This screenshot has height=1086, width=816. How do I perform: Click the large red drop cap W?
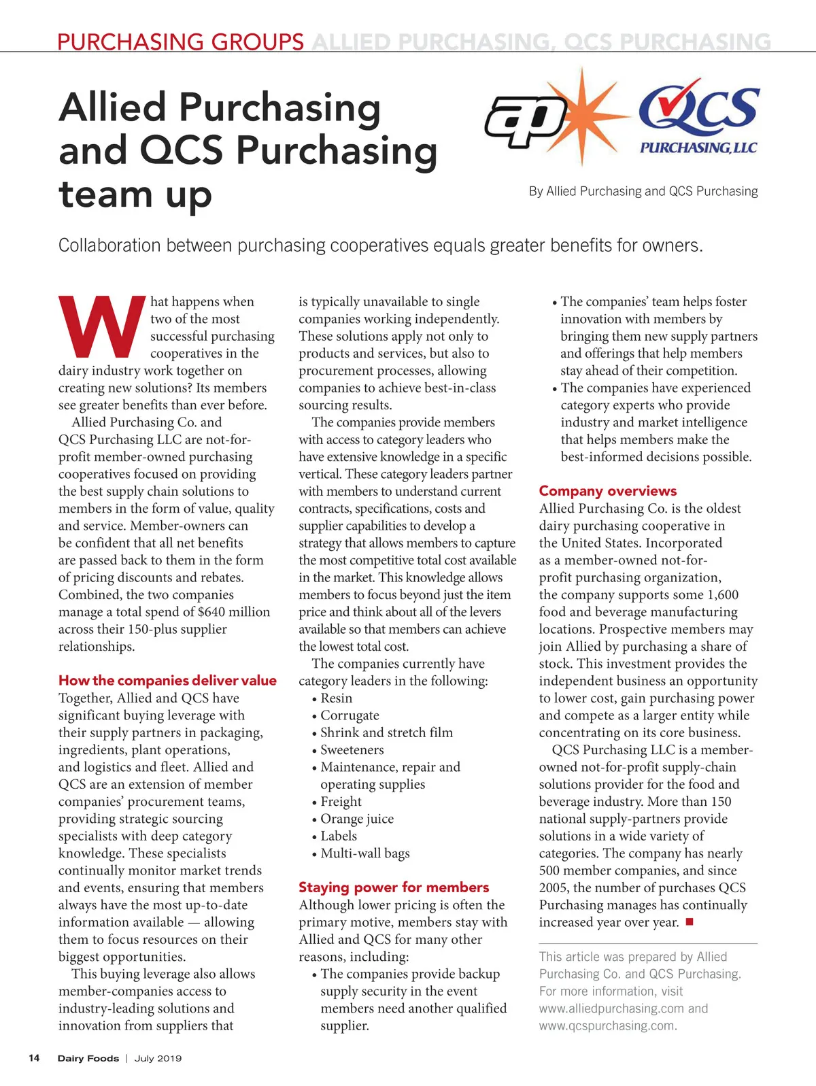click(x=102, y=327)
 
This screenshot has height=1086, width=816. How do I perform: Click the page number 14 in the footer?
click(x=34, y=1058)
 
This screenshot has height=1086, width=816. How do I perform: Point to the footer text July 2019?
click(x=158, y=1058)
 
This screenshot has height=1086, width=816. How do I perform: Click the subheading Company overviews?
click(x=607, y=491)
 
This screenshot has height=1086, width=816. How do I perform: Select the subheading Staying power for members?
click(x=394, y=887)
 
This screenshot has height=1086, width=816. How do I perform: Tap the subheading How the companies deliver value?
click(x=167, y=681)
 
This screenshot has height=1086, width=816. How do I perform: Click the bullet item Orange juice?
click(x=356, y=819)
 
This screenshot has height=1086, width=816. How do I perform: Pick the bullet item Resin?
click(x=336, y=698)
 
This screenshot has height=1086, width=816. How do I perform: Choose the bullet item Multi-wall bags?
click(x=364, y=853)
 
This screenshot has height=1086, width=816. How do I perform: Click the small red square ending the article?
click(x=689, y=922)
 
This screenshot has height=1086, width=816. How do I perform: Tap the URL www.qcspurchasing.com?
click(x=607, y=1025)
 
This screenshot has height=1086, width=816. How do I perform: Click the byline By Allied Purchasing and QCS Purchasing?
click(x=643, y=192)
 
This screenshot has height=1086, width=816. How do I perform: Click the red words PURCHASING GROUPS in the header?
click(x=180, y=42)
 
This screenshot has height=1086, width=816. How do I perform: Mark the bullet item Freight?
click(x=341, y=802)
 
